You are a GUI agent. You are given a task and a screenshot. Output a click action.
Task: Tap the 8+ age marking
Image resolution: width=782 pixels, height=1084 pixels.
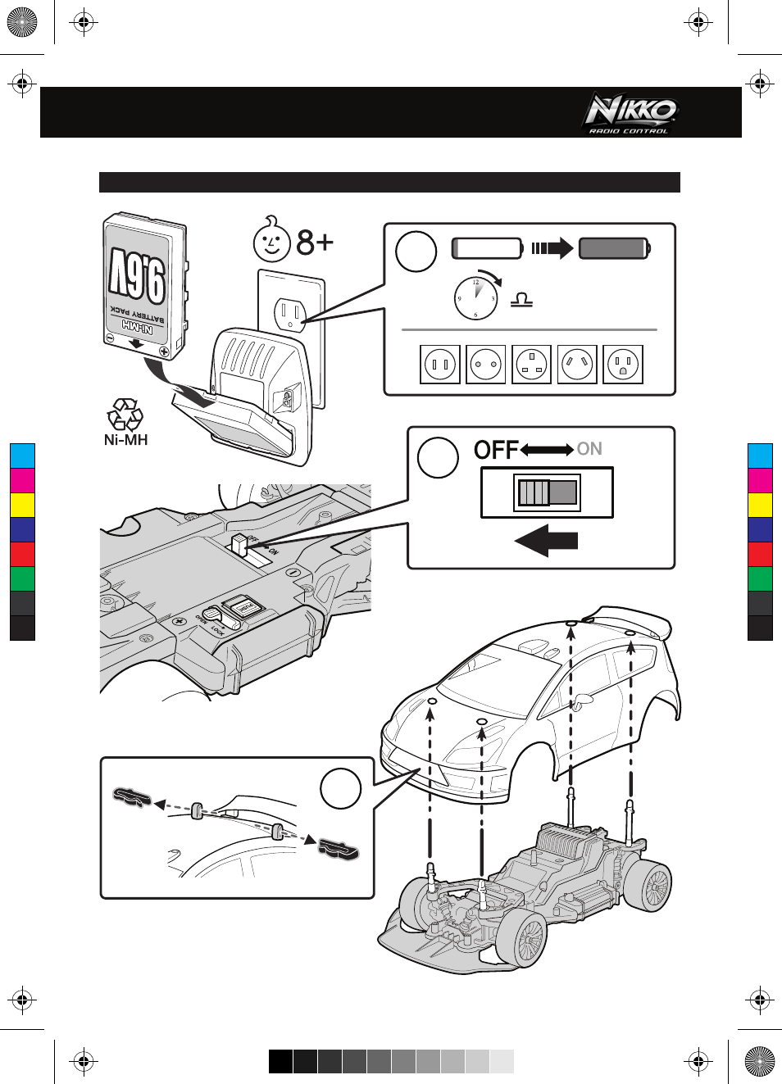click(316, 243)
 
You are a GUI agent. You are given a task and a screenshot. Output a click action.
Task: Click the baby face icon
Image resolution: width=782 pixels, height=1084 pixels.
click(271, 239)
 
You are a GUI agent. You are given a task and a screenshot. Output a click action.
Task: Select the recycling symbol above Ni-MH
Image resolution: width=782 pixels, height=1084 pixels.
click(125, 415)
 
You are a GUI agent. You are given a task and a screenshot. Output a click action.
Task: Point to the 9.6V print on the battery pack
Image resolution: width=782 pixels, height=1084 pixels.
click(138, 274)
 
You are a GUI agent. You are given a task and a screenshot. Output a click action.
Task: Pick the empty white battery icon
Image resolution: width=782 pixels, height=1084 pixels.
click(487, 247)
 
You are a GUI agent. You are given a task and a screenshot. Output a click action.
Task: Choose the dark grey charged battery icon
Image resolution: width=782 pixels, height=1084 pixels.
click(614, 247)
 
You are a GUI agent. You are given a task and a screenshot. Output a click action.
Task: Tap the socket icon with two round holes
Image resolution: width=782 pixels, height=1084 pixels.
click(485, 365)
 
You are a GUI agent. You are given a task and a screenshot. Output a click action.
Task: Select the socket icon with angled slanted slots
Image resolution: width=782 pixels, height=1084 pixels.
click(577, 365)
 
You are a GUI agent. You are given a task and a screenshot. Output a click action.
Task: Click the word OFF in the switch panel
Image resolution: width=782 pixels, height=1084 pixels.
click(496, 450)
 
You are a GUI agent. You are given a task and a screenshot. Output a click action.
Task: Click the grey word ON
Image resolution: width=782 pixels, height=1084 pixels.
click(589, 449)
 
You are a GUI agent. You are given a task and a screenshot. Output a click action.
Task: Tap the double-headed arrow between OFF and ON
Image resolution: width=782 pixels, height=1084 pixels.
click(547, 450)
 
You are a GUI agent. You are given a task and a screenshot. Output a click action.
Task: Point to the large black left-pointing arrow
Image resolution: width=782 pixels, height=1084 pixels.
click(546, 541)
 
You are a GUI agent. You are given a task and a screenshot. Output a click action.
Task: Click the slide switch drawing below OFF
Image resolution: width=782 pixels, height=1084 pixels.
click(547, 492)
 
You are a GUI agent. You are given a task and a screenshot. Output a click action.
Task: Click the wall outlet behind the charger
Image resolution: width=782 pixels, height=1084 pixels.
click(292, 312)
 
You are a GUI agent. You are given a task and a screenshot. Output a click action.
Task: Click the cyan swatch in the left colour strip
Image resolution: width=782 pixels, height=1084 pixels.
click(22, 456)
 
